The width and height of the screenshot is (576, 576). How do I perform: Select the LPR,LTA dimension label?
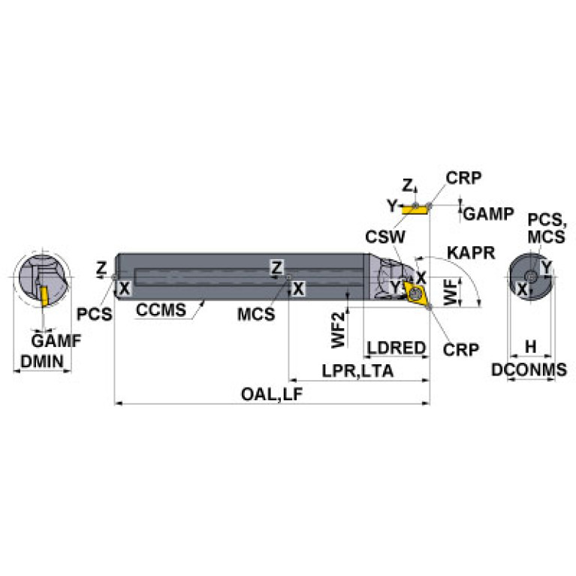pyautogui.click(x=357, y=371)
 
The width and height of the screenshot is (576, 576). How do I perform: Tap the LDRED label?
pyautogui.click(x=397, y=348)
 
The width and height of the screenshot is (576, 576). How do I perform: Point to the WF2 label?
pyautogui.click(x=340, y=330)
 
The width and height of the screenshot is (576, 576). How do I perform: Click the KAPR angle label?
pyautogui.click(x=470, y=252)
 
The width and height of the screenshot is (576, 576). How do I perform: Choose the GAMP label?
pyautogui.click(x=488, y=214)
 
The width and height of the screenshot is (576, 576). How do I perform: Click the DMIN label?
pyautogui.click(x=42, y=361)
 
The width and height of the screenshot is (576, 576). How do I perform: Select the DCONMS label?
pyautogui.click(x=529, y=369)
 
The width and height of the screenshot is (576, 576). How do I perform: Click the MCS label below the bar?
pyautogui.click(x=255, y=314)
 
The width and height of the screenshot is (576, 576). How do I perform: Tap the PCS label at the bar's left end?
pyautogui.click(x=95, y=312)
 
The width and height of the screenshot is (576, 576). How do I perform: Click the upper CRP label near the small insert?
pyautogui.click(x=463, y=177)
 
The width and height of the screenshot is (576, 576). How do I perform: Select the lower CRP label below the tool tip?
pyautogui.click(x=460, y=349)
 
